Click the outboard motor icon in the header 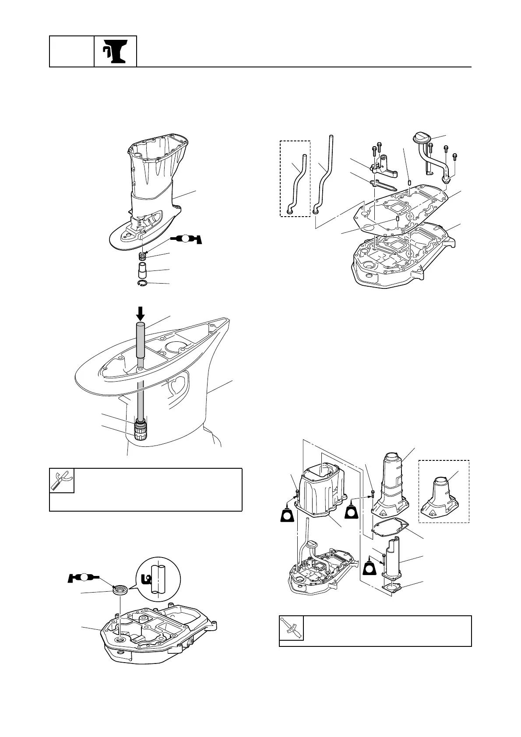tap(115, 51)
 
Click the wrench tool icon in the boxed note tap(62, 481)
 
